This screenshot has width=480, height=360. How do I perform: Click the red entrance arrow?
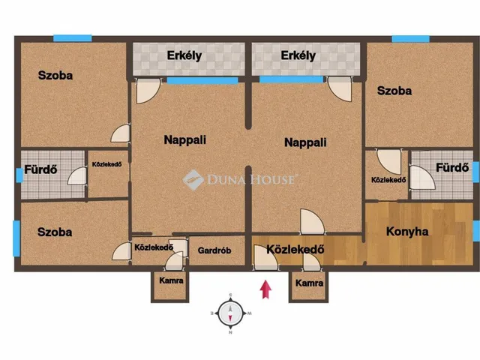[x=265, y=289]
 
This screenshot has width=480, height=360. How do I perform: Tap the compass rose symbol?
[x=230, y=313]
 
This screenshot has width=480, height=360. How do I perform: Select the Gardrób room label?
[x=214, y=250]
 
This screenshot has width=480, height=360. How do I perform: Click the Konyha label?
[x=407, y=232]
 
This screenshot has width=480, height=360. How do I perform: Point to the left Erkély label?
[x=184, y=55]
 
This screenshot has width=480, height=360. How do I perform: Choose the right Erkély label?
[x=298, y=55]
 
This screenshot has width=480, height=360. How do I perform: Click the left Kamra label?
[x=171, y=280]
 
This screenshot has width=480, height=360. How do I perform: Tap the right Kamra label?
[x=309, y=283]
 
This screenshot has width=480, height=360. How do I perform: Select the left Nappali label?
[x=185, y=140]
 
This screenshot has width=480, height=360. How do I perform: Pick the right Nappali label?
[x=305, y=142]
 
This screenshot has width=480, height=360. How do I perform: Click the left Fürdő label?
[x=40, y=169]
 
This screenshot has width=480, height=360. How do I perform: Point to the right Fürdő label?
[x=452, y=167]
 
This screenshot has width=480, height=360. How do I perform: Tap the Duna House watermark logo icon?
[x=193, y=180]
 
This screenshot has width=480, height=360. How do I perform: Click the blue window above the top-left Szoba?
[x=73, y=38]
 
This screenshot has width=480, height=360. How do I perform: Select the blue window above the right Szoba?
[x=410, y=38]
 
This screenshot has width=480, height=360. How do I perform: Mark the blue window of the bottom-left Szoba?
[x=16, y=238]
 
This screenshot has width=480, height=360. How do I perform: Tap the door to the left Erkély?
[x=147, y=91]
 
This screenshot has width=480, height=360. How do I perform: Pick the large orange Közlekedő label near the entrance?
[x=295, y=249]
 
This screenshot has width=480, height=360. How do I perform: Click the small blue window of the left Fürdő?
[x=19, y=175]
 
